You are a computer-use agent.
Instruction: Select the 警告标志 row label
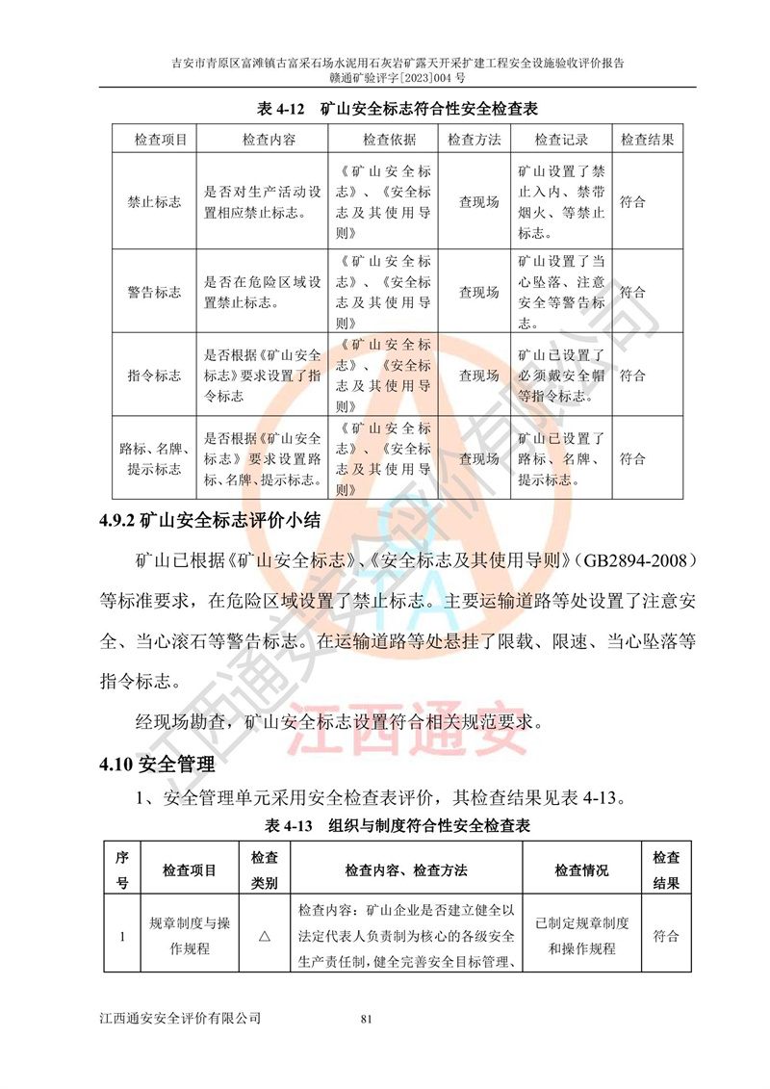click(x=154, y=293)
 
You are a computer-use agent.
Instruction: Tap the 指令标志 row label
click(x=154, y=376)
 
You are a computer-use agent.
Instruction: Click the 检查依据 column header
click(x=390, y=140)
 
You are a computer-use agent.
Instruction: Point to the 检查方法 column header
click(x=474, y=140)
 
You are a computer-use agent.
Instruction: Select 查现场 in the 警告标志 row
click(x=478, y=293)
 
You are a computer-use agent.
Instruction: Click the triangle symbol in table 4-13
click(x=264, y=935)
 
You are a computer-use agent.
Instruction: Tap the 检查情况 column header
click(x=581, y=870)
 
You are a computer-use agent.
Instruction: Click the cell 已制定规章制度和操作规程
click(x=581, y=935)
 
